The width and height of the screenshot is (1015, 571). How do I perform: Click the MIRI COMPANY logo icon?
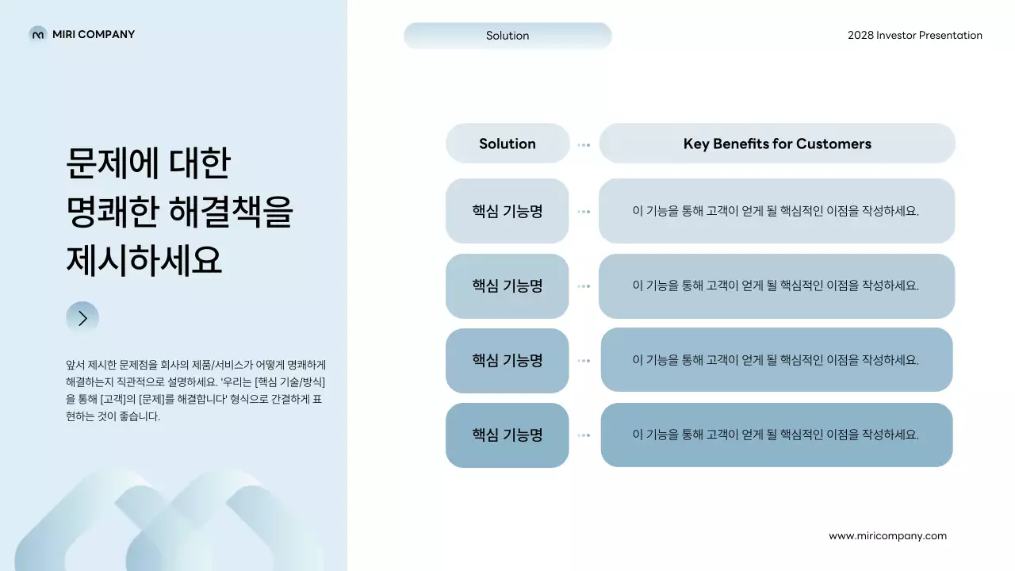tap(38, 34)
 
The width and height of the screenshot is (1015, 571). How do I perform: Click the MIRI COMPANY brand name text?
tap(94, 34)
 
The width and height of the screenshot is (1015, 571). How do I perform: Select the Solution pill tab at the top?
tap(507, 36)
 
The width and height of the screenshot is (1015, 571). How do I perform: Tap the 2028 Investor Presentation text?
tap(914, 35)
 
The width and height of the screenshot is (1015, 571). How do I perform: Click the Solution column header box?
tap(507, 144)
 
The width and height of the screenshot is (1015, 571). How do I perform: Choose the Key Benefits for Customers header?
tap(777, 144)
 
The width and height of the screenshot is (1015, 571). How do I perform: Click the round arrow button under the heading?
tap(82, 318)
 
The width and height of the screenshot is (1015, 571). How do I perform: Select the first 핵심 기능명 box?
tap(507, 211)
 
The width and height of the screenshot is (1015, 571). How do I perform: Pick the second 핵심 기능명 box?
tap(507, 286)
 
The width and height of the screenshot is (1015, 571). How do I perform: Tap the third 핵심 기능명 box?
tap(507, 361)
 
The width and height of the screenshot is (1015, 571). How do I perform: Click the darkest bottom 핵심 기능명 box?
tap(507, 435)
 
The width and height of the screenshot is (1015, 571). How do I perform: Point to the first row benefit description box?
tap(776, 211)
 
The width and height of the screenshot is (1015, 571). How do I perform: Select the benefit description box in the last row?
tap(776, 435)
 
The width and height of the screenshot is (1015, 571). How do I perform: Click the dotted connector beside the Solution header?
tap(584, 145)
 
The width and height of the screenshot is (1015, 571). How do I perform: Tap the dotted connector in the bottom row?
tap(584, 435)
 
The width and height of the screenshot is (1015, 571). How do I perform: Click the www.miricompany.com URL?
tap(887, 535)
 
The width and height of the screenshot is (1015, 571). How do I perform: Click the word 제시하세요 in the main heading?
tap(144, 261)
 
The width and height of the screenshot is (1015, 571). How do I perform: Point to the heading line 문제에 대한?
tap(148, 163)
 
